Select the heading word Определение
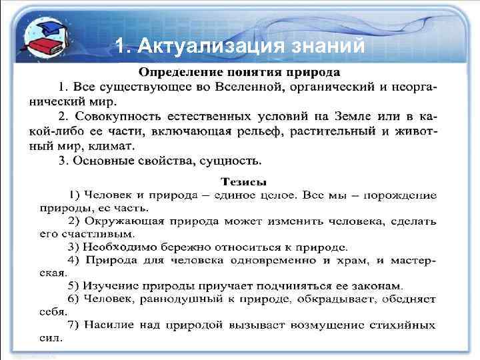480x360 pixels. coord(177,71)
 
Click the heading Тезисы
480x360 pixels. coord(243,180)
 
